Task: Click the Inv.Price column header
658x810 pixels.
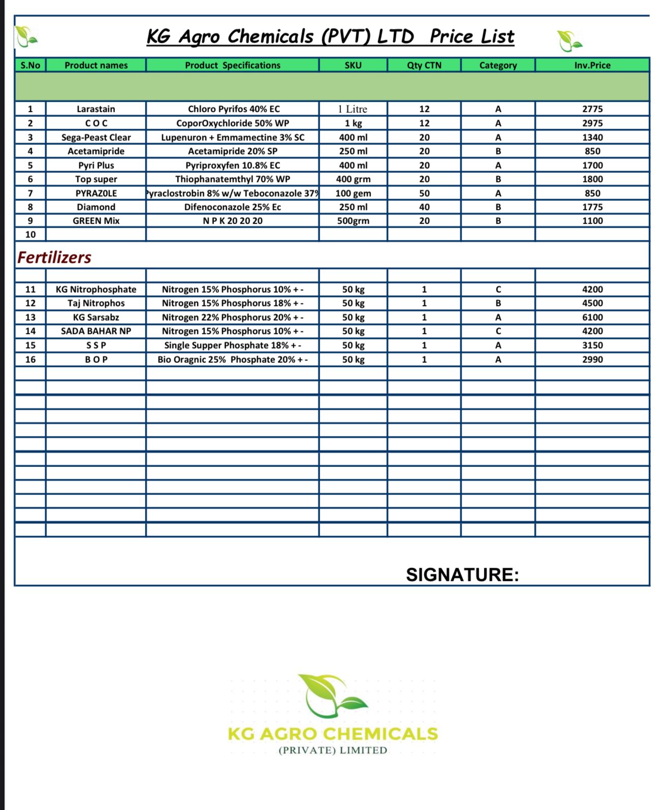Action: [592, 65]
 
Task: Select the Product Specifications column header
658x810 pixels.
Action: [232, 65]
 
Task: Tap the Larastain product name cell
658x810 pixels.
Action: [96, 109]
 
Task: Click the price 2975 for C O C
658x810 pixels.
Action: [592, 123]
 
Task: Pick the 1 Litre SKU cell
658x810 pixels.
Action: [353, 109]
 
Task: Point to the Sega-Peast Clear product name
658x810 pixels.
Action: [96, 137]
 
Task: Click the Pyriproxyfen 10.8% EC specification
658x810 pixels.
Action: [232, 165]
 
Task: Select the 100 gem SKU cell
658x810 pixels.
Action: [353, 193]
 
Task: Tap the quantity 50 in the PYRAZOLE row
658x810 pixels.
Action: [424, 193]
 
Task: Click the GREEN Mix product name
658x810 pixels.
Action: [96, 221]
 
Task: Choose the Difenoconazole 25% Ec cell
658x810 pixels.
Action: [232, 207]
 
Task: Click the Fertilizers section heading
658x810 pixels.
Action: [54, 257]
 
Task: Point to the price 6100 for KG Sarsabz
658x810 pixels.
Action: [592, 317]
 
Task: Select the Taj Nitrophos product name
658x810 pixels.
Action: [96, 303]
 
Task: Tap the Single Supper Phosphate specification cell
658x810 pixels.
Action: [232, 345]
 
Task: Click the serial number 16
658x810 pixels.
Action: [30, 359]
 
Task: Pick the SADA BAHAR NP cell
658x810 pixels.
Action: [96, 331]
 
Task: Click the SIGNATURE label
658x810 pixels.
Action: [462, 575]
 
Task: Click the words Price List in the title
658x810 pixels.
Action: [472, 37]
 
